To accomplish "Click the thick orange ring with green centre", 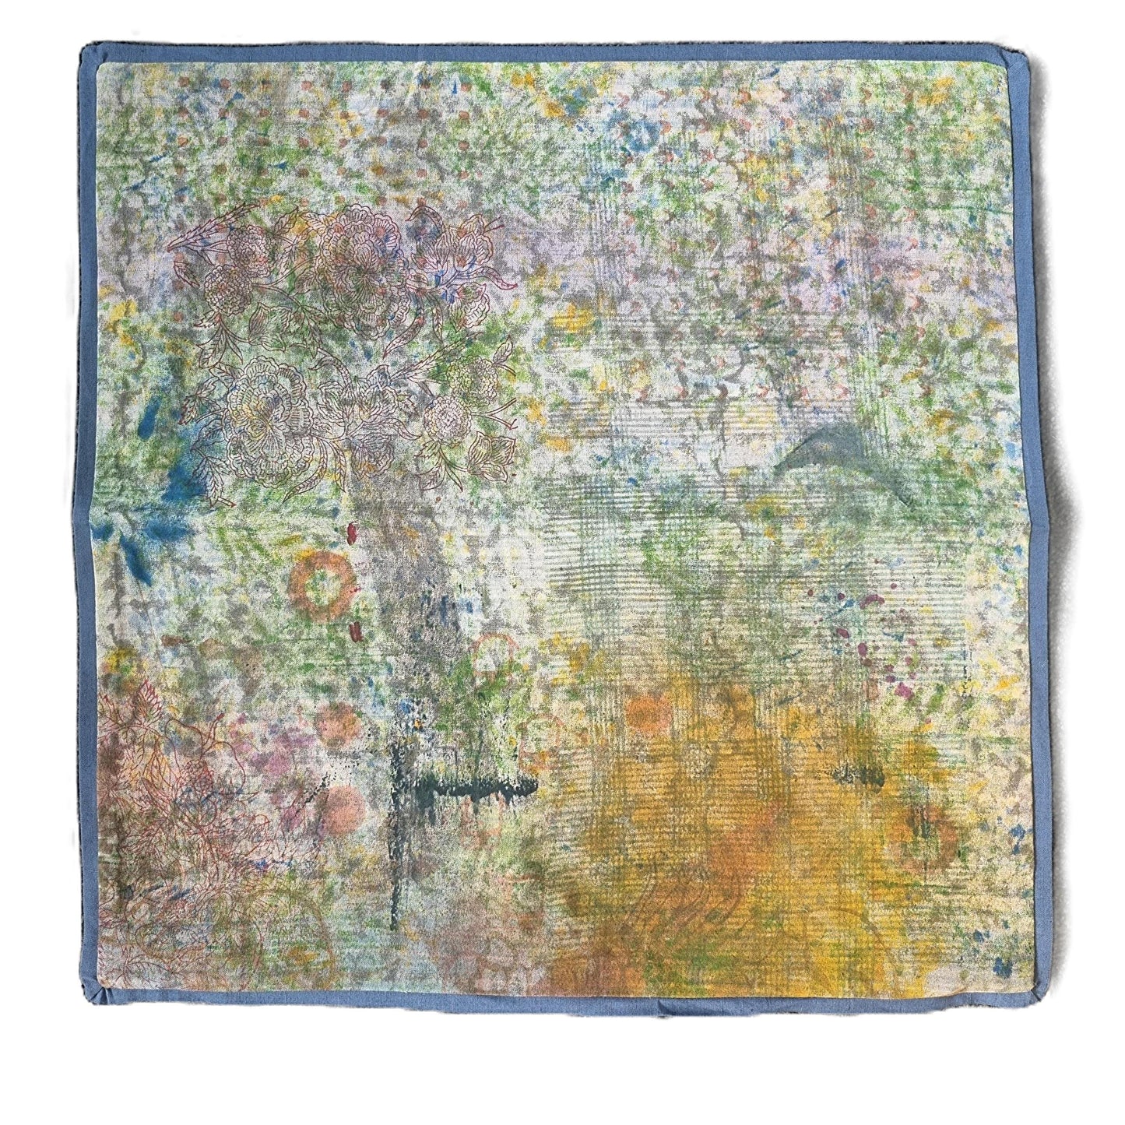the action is tap(318, 585).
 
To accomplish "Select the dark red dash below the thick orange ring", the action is tap(355, 628).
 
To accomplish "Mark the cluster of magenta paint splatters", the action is tap(880, 646).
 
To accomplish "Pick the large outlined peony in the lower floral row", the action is tap(265, 409).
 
